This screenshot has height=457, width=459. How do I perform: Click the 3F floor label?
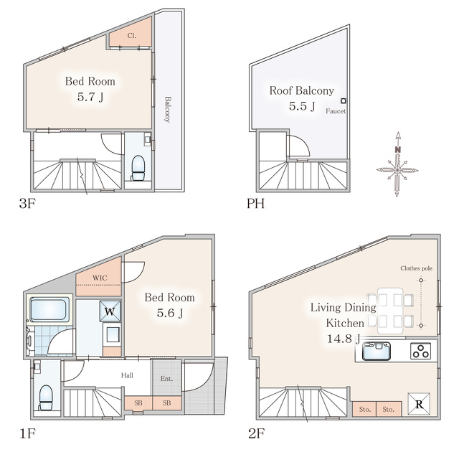point(27,203)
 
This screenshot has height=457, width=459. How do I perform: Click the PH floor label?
point(255,203)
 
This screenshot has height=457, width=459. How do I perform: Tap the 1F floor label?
point(27,433)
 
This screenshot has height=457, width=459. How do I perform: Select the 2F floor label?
point(257,433)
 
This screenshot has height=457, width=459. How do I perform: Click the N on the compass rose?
point(397,150)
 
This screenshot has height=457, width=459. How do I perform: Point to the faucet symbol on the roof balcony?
point(344,101)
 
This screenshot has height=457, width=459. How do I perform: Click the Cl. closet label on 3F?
point(131,36)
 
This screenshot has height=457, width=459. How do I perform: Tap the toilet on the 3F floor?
point(138,168)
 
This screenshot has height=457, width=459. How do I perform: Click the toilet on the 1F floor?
point(46,397)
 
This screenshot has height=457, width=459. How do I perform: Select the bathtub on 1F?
point(49,310)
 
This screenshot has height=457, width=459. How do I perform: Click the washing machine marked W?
point(110,311)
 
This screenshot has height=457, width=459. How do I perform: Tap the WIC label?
point(100,278)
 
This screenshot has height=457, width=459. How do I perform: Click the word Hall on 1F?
point(127,375)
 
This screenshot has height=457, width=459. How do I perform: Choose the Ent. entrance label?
point(166,379)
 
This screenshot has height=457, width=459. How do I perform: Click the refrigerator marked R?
point(419,404)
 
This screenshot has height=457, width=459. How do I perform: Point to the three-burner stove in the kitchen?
point(421,351)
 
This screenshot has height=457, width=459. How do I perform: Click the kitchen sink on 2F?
point(377,351)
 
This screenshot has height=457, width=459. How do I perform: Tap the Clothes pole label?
point(416,268)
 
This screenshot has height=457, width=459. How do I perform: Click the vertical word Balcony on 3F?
point(167,110)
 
